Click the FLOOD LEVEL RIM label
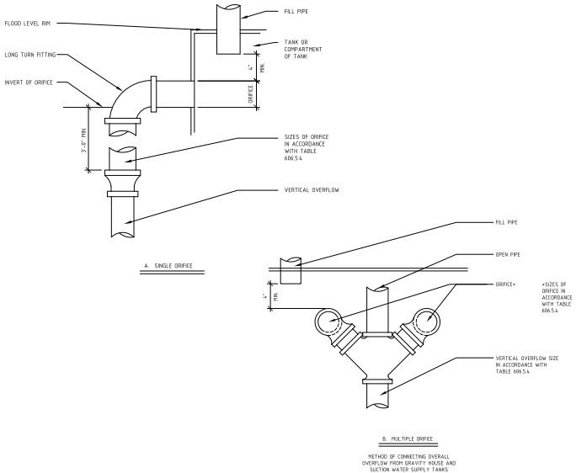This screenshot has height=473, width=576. [27, 24]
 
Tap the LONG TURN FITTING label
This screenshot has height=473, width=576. [30, 55]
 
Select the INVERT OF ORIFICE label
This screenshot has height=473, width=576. [29, 82]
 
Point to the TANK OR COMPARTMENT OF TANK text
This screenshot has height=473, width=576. [303, 49]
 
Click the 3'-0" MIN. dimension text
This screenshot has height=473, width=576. [84, 141]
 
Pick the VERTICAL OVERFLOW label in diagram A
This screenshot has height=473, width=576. [312, 190]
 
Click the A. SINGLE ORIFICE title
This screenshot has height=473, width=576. [168, 265]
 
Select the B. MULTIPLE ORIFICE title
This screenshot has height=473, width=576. [408, 438]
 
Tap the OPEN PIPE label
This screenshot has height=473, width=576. [508, 254]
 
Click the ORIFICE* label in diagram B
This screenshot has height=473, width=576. [505, 284]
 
